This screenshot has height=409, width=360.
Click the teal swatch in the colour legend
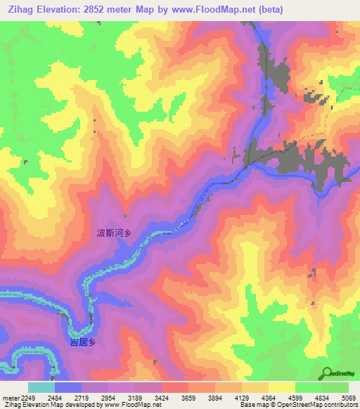click(41, 387)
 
